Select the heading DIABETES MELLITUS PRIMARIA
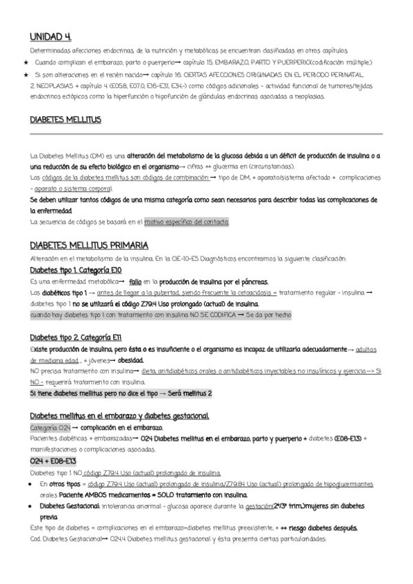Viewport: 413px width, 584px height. [88, 245]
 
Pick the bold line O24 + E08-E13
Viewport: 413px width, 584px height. [52, 461]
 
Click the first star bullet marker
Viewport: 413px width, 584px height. [26, 63]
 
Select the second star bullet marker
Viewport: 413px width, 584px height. [26, 74]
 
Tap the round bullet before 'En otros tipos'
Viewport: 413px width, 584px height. [26, 483]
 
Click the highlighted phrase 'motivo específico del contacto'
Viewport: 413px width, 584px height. [186, 222]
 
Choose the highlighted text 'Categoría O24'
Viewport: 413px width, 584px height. [50, 428]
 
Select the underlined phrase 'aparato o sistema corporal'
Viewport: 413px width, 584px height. [73, 189]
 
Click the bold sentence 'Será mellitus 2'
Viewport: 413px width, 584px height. [189, 393]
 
